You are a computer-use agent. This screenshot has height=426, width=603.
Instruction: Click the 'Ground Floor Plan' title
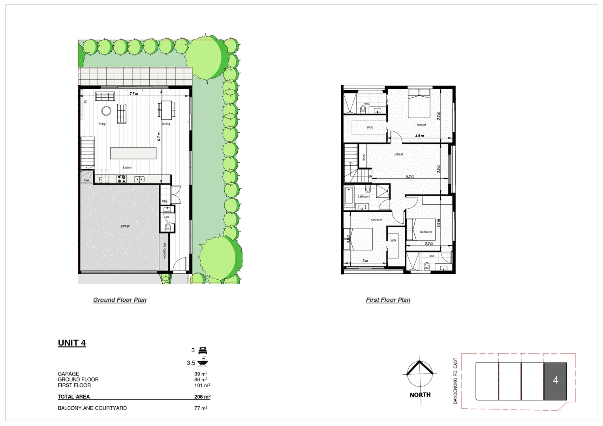coord(120,300)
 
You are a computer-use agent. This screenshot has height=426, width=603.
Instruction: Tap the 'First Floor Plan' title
coord(388,300)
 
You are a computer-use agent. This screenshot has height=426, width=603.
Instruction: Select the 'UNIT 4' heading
coord(72,343)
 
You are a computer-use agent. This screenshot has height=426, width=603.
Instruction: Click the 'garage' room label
coord(125,226)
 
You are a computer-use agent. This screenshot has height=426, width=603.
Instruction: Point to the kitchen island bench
coord(133,153)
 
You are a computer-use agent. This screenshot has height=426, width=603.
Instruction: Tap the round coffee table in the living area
coord(106,111)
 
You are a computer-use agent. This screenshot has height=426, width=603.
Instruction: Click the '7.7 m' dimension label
coord(134,94)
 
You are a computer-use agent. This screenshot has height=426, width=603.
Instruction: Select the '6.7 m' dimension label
coord(159,136)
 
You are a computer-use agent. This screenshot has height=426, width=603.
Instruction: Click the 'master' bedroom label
coord(422,125)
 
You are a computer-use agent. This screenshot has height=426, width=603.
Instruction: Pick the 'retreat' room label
coord(398,154)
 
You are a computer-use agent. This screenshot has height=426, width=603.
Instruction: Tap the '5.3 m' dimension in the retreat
coord(410,176)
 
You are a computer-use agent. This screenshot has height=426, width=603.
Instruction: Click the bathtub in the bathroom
coord(349,197)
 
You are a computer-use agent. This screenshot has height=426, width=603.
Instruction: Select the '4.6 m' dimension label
coord(419,136)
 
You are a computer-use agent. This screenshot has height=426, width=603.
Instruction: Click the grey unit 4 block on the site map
coord(556,381)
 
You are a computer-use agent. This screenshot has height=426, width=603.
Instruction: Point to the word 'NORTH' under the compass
coord(420,395)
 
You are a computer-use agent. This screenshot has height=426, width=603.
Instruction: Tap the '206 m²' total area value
coord(202,397)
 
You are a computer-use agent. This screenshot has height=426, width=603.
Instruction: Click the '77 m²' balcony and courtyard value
coord(201,408)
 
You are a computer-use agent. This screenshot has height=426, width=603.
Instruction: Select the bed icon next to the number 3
coord(203,350)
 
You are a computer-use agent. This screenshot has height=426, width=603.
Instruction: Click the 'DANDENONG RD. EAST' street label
coord(455,381)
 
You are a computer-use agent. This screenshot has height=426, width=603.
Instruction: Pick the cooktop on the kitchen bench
coord(121,179)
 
